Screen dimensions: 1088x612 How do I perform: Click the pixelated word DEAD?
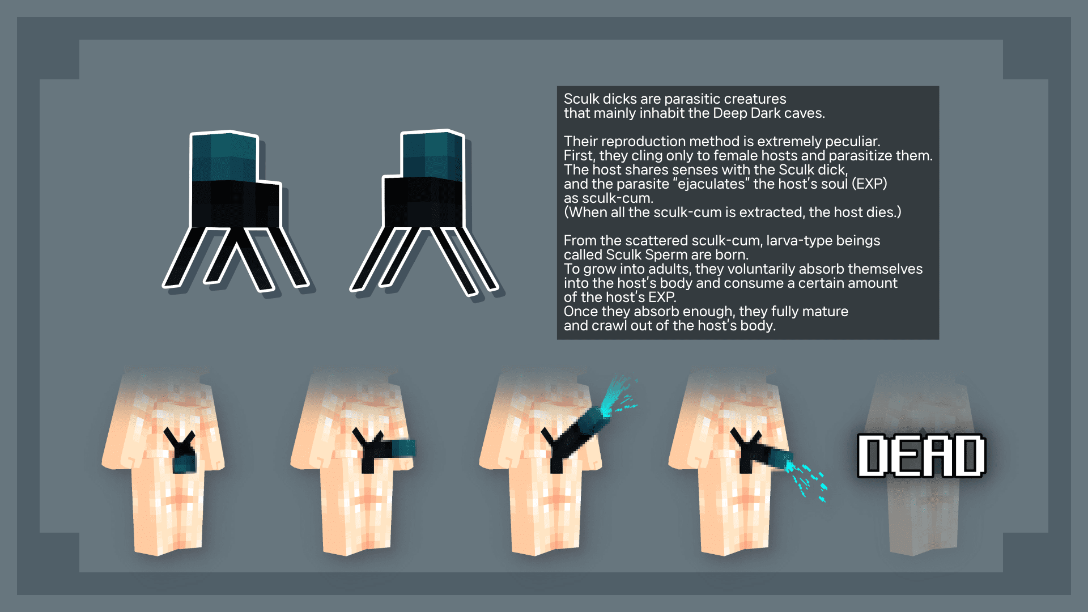pyautogui.click(x=921, y=456)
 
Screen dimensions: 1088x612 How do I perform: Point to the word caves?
pyautogui.click(x=804, y=113)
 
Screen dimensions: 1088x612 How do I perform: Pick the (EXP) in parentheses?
pyautogui.click(x=869, y=184)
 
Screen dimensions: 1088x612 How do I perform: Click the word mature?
pyautogui.click(x=827, y=312)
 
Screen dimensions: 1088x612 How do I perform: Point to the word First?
pyautogui.click(x=579, y=156)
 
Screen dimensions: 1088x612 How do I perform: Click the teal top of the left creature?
pyautogui.click(x=224, y=157)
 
